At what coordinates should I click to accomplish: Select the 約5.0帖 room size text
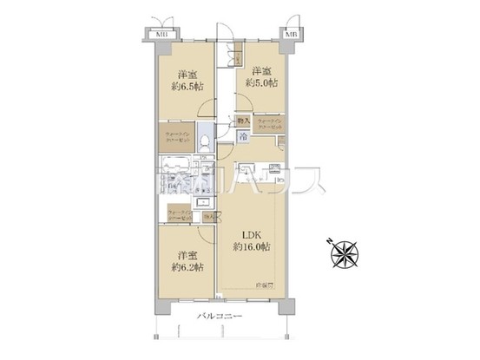pyautogui.click(x=260, y=83)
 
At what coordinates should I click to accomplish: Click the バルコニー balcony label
pyautogui.click(x=217, y=316)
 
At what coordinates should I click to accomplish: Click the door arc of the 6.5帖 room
pyautogui.click(x=206, y=108)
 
